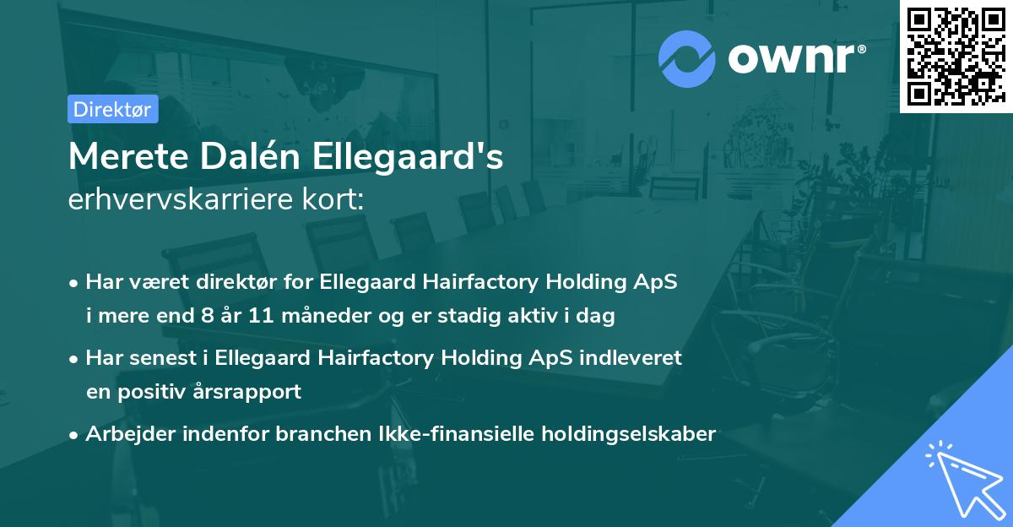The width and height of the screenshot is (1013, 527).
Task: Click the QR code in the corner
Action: click(955, 56)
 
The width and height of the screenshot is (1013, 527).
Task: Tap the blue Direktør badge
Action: click(112, 109)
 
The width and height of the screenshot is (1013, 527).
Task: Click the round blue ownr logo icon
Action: click(686, 59)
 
